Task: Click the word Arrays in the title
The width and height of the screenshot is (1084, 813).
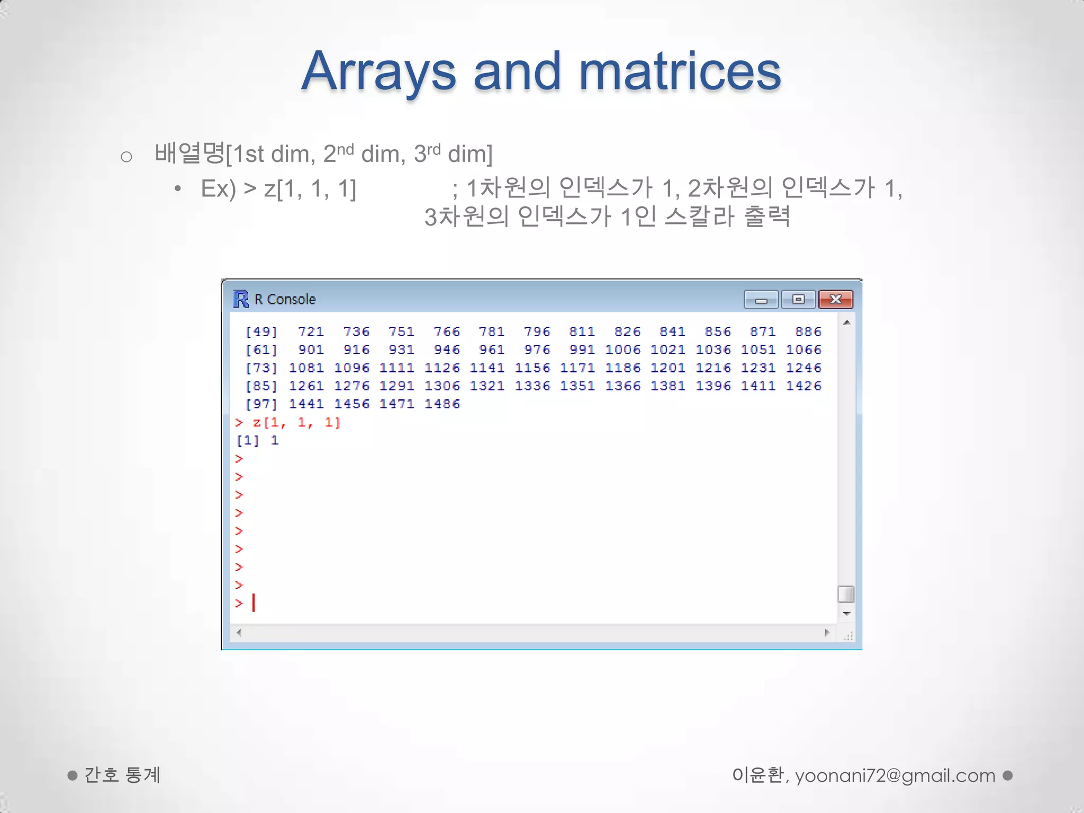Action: [378, 71]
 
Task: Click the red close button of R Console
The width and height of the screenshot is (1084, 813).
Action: [835, 299]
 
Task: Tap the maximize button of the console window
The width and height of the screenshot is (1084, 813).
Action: [798, 299]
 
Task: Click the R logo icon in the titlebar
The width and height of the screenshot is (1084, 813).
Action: [241, 299]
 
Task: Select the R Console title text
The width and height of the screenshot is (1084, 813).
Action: [285, 300]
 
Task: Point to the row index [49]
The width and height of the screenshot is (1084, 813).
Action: [261, 332]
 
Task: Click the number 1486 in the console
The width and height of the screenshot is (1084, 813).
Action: [442, 404]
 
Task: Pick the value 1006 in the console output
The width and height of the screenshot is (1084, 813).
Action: [622, 350]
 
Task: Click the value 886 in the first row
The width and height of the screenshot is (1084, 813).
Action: [808, 332]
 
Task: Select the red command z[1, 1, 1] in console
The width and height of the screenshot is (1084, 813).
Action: [296, 422]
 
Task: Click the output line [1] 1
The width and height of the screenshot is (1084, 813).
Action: [257, 440]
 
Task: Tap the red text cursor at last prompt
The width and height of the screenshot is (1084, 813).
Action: [254, 602]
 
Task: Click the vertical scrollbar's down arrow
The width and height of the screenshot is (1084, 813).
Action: [846, 614]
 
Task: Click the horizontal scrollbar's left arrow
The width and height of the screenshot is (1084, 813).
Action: [239, 633]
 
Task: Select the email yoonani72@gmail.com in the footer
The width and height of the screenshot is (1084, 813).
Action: [895, 775]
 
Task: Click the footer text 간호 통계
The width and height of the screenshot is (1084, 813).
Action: [122, 775]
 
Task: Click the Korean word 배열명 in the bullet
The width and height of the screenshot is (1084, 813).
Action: [189, 153]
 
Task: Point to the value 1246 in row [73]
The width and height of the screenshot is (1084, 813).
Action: [803, 368]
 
